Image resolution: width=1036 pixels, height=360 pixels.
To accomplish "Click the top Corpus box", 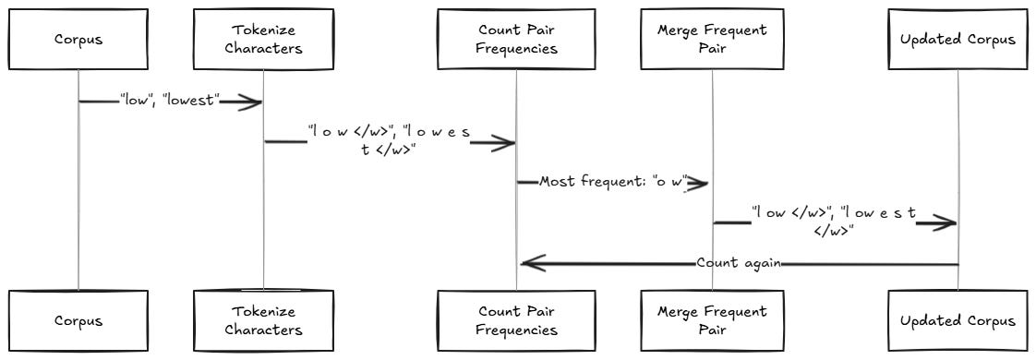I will pos(78,40).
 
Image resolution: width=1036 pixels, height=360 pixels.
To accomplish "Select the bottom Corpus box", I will pos(78,321).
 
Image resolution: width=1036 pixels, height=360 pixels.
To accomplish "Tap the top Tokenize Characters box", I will pos(263,40).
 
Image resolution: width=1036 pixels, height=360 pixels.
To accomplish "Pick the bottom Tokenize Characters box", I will pos(263,321).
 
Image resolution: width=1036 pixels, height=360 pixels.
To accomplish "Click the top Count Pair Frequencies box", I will pos(516,40).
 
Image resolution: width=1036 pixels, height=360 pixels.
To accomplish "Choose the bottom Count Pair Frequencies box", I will pos(516,321).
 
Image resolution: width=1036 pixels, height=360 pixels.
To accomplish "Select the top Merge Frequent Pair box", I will pos(712,40).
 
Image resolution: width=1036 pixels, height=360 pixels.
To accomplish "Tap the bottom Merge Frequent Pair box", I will pos(712,321).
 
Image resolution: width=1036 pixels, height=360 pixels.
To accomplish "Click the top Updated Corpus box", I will pos(958,40).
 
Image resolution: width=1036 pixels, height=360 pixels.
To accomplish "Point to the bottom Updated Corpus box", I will pos(958,321).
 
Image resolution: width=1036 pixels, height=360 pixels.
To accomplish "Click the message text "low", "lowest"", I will pos(171,101).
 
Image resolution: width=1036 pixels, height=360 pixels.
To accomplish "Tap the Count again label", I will pos(739,263).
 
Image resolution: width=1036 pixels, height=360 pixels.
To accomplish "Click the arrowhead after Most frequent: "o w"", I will pos(698,183).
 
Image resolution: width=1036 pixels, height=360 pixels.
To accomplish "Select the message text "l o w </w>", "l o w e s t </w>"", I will pos(390,141).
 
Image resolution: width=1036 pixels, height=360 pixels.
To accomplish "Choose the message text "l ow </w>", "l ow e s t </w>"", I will pos(833,222).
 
